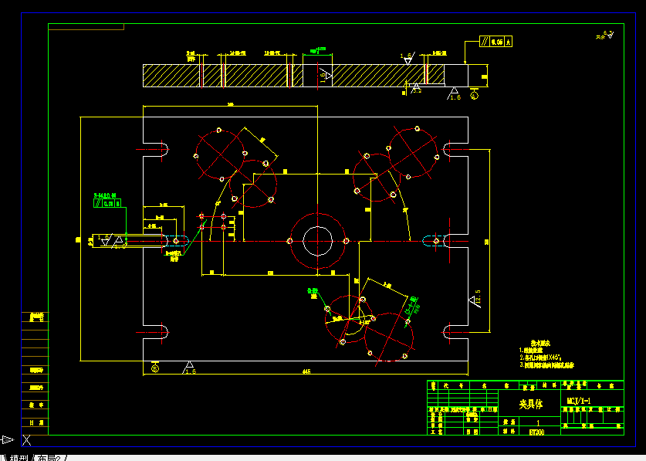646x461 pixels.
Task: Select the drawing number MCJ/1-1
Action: click(578, 401)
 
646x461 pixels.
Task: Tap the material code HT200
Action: click(536, 432)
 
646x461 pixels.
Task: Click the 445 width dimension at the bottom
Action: click(306, 371)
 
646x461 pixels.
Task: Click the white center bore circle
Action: click(317, 240)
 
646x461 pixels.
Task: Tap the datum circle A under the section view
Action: click(474, 97)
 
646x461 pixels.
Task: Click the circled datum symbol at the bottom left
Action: click(155, 368)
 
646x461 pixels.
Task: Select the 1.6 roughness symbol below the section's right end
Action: click(454, 94)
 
